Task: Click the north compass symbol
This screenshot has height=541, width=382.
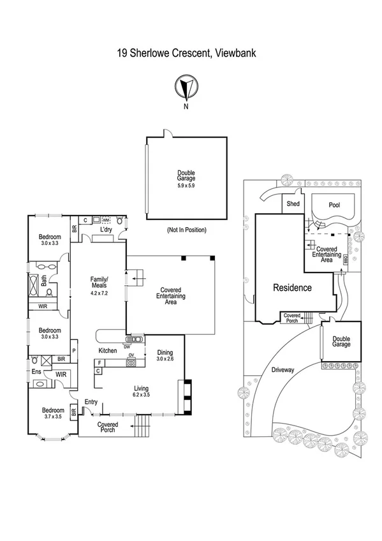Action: [186, 87]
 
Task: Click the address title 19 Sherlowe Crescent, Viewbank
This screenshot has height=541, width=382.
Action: [186, 54]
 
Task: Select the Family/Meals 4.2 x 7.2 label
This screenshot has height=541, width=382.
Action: [99, 283]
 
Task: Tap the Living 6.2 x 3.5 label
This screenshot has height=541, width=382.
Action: [142, 392]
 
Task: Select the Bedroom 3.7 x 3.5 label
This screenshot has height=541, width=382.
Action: [52, 414]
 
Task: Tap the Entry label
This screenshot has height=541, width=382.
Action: [91, 401]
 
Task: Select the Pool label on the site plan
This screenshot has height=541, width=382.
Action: [334, 205]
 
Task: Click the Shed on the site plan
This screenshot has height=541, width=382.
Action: [293, 204]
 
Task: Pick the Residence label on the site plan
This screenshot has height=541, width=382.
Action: [292, 288]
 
